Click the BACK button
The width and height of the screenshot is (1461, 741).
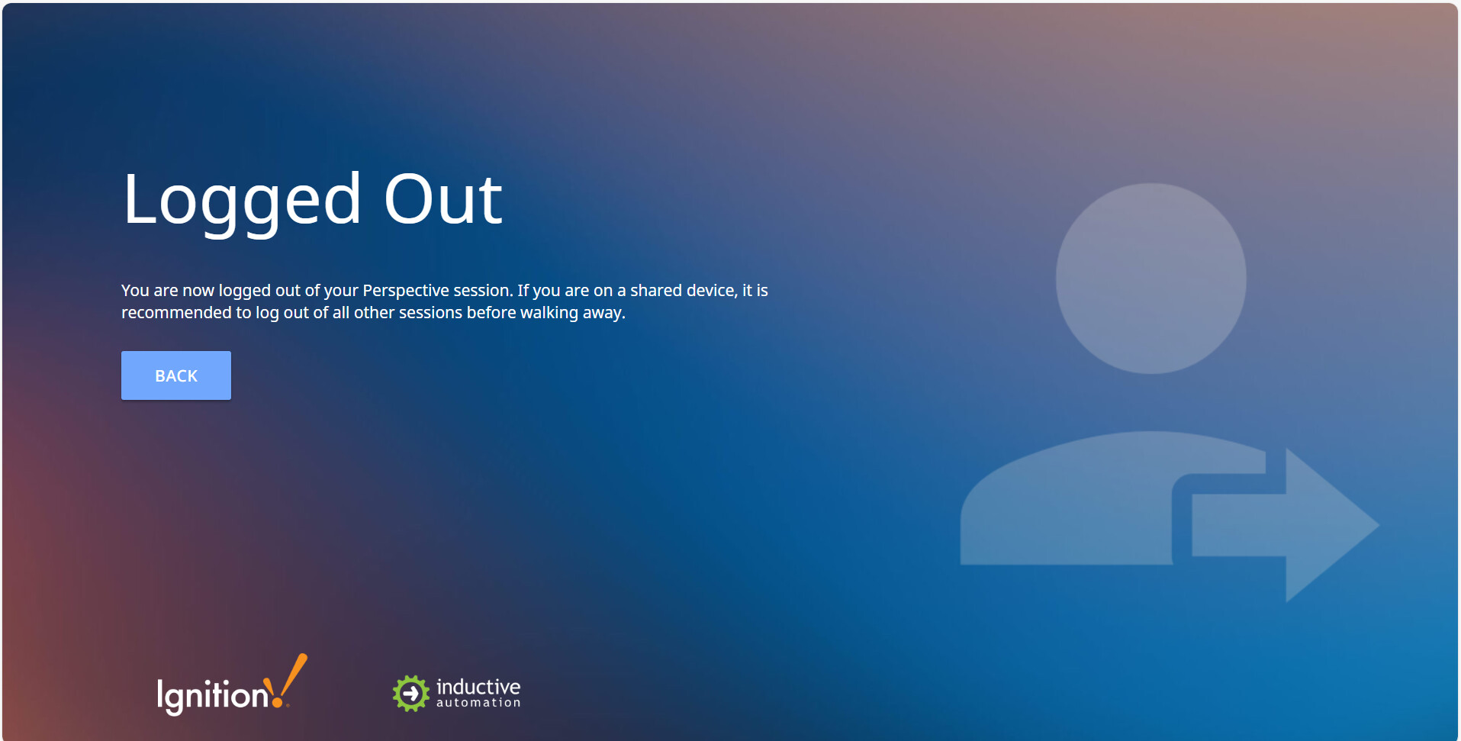pyautogui.click(x=176, y=375)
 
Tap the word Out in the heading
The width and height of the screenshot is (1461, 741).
pyautogui.click(x=443, y=199)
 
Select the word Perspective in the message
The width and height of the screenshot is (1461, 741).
pyautogui.click(x=406, y=291)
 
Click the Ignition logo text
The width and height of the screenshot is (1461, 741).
pyautogui.click(x=213, y=696)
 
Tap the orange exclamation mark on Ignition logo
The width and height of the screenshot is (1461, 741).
pyautogui.click(x=289, y=680)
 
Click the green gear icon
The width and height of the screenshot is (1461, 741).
pyautogui.click(x=411, y=694)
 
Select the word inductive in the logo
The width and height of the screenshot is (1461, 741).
pyautogui.click(x=478, y=687)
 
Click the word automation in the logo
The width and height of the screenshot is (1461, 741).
pyautogui.click(x=478, y=703)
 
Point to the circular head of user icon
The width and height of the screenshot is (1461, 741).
pyautogui.click(x=1151, y=279)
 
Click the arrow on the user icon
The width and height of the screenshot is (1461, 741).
pyautogui.click(x=1286, y=525)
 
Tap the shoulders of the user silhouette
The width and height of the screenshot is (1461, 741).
pyautogui.click(x=1083, y=504)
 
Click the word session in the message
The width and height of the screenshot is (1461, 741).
pyautogui.click(x=483, y=291)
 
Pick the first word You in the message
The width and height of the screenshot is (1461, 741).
pyautogui.click(x=135, y=291)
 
